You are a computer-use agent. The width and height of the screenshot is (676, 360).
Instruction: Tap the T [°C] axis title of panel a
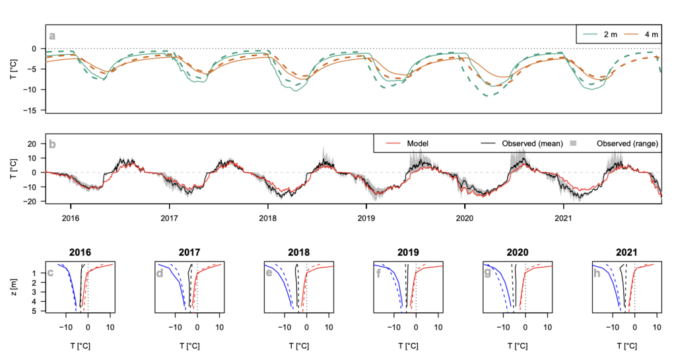click(15, 69)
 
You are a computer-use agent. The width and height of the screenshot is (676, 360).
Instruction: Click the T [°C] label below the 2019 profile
click(405, 345)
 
